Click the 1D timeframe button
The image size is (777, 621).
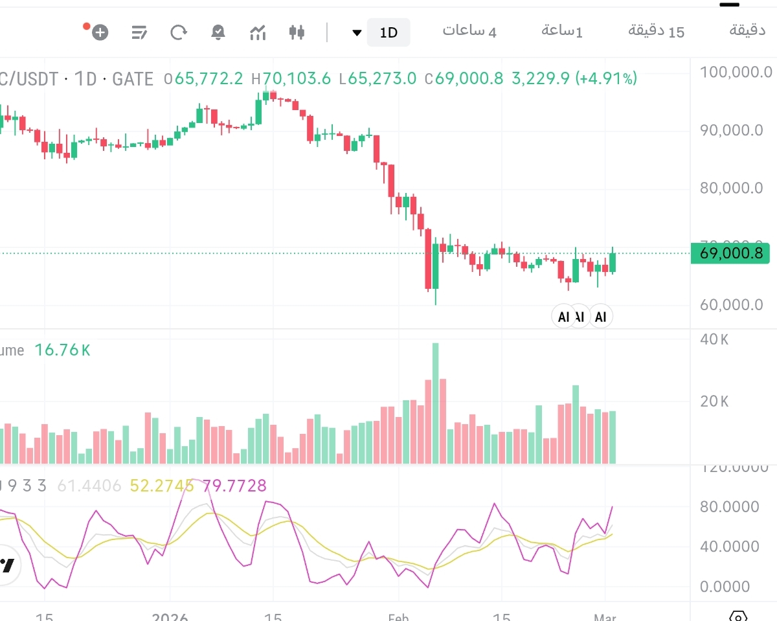(388, 32)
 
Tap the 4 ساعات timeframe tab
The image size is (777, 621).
(469, 31)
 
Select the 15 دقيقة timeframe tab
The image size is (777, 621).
(656, 31)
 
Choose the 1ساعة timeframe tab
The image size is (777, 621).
(562, 31)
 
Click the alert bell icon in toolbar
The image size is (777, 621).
(218, 32)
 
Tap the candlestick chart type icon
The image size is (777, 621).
(297, 32)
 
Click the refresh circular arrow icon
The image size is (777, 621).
(179, 32)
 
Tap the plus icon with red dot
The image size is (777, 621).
(99, 32)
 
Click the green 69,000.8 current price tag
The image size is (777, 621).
(730, 253)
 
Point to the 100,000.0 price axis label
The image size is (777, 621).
(736, 72)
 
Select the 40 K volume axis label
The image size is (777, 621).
(714, 339)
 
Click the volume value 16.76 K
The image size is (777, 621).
(62, 350)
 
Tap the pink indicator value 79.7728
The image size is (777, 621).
(234, 486)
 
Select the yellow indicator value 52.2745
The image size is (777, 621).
(162, 486)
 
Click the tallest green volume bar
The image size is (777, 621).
(436, 401)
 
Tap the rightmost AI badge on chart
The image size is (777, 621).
(602, 317)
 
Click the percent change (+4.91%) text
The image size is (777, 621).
(607, 79)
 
